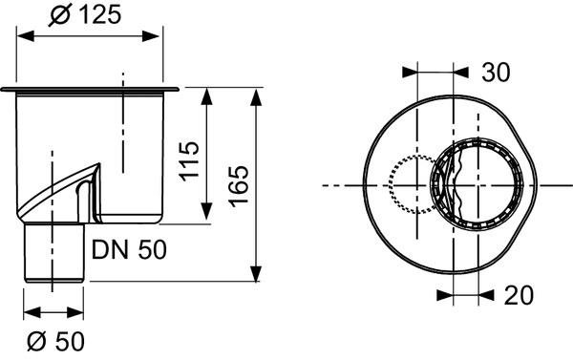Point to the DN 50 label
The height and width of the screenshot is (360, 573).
click(130, 250)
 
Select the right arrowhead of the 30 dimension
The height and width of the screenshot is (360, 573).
click(471, 72)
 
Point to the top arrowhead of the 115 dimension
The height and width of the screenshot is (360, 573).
click(208, 94)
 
